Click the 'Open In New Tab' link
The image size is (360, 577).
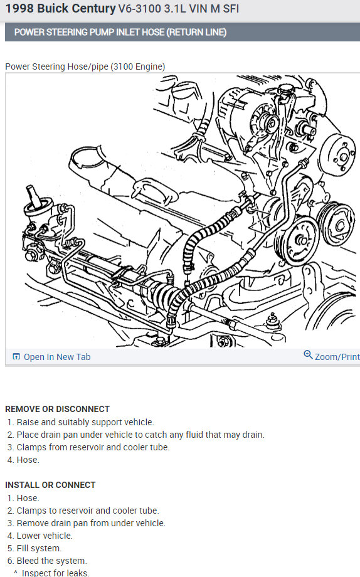coord(57,357)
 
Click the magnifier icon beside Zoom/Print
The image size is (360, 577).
coord(308,355)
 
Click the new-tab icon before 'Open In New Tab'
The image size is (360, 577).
coord(16,357)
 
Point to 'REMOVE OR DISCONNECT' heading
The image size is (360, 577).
coord(58,409)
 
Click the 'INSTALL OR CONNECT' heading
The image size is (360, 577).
coord(50,485)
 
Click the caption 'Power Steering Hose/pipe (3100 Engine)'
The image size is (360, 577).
coord(85,66)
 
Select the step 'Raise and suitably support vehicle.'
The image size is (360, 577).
coord(85,422)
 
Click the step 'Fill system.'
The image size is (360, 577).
coord(39,548)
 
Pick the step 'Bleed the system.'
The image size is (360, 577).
coord(52,561)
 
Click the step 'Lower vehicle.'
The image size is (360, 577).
coord(45,536)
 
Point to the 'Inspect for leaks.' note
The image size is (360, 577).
coord(56,573)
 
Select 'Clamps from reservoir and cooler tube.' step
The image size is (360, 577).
coord(93,447)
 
